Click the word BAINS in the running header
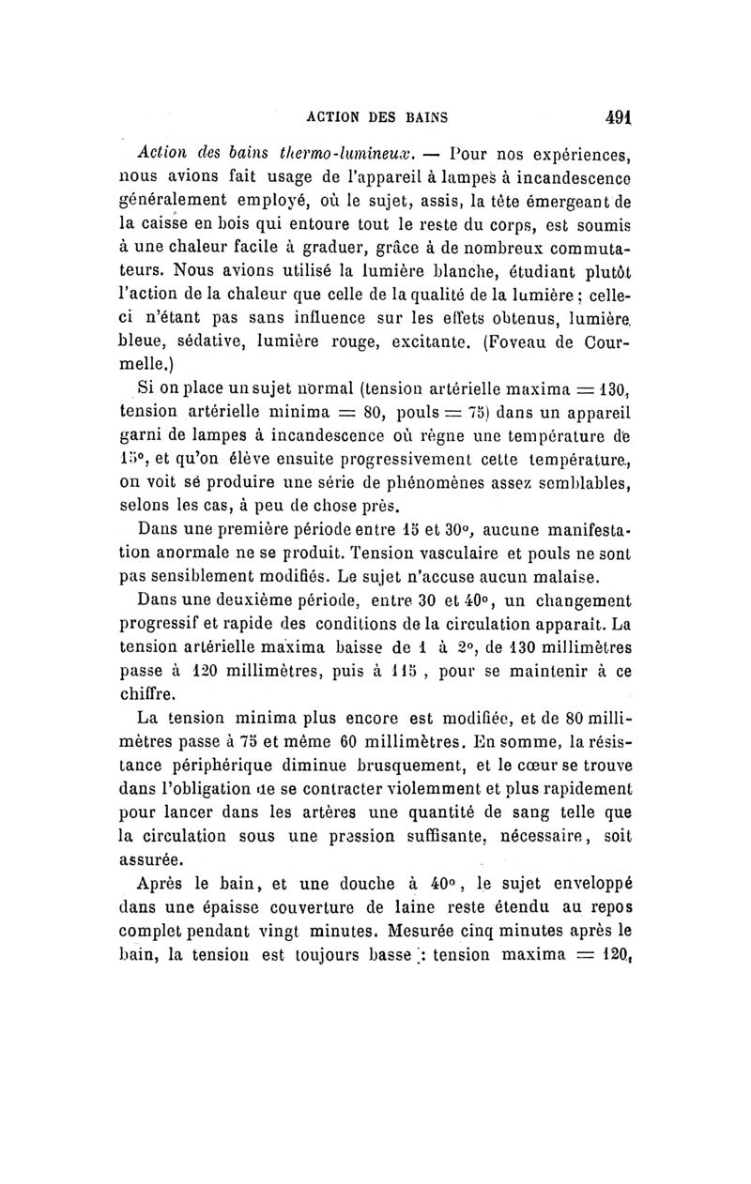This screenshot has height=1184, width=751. pos(423,118)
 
